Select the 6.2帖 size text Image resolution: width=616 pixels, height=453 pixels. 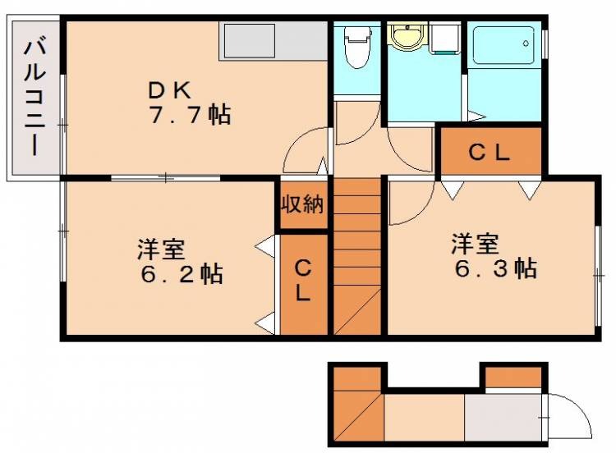tap(180, 272)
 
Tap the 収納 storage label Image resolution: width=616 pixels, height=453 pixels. tap(302, 204)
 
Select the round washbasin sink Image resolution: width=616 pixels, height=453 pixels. tap(405, 36)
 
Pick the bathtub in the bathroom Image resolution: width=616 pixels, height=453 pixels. tap(503, 47)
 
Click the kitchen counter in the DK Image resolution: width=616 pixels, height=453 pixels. tap(274, 40)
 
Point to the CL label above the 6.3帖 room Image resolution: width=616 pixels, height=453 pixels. tap(490, 151)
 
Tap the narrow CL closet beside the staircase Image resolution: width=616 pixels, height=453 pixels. tap(303, 283)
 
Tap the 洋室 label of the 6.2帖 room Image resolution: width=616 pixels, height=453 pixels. tap(160, 245)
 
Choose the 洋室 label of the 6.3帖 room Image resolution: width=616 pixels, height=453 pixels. tap(474, 243)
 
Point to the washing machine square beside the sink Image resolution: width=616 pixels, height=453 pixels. tap(444, 38)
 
